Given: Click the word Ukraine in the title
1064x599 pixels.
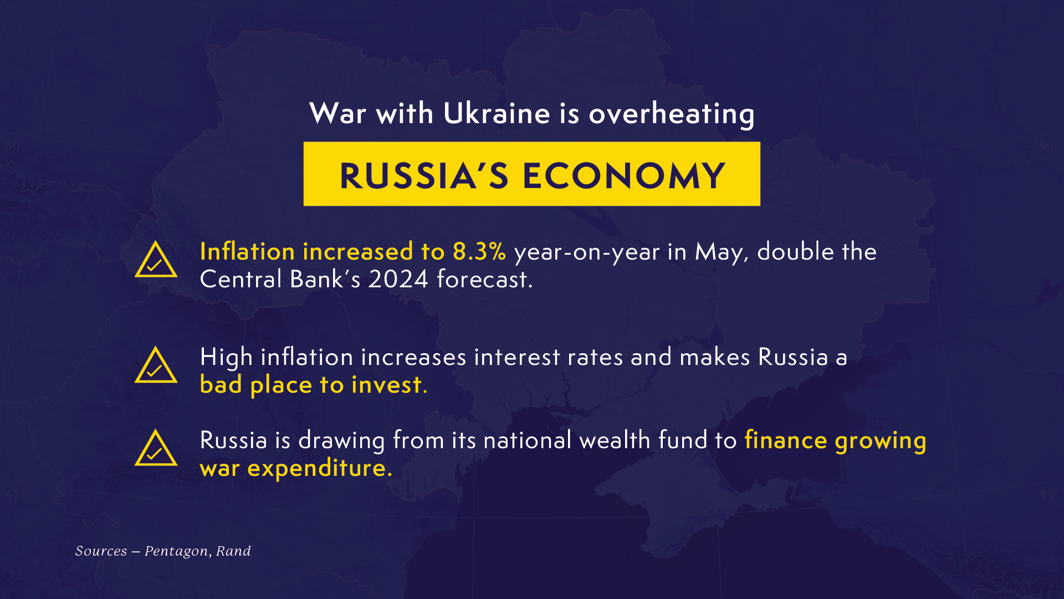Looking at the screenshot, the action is [x=497, y=113].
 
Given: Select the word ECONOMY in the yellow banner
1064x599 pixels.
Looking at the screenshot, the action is [x=624, y=176].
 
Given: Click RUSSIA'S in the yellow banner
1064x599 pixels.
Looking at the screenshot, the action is [x=424, y=176].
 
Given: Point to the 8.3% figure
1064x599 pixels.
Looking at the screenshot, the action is [x=479, y=252].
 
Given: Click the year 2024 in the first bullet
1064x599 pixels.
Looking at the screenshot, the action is [x=398, y=279].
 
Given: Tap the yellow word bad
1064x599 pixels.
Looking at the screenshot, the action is [x=221, y=384].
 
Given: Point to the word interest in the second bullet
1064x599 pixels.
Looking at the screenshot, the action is [x=517, y=357].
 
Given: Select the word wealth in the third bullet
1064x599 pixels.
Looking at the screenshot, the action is [x=615, y=440].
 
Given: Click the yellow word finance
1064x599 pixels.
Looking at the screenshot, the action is [x=786, y=440].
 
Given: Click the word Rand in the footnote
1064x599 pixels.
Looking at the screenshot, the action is [x=233, y=551].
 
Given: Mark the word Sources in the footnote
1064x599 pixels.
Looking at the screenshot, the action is [x=101, y=551].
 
